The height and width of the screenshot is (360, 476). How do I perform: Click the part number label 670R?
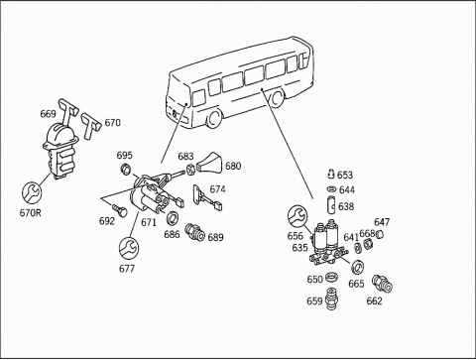30,212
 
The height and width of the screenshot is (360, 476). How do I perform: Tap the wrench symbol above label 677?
129,248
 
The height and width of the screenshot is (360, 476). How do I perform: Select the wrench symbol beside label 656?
297,215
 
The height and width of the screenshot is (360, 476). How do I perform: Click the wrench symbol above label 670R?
32,192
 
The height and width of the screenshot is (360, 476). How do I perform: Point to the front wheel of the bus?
213,118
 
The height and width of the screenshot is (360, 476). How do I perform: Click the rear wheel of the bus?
277,97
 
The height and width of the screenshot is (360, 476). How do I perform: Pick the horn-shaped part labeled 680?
209,163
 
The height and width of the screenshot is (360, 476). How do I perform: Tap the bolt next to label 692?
120,210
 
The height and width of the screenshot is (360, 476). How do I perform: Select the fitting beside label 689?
195,232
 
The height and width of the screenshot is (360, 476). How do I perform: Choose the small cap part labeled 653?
331,174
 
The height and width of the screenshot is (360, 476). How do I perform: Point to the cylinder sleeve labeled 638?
331,204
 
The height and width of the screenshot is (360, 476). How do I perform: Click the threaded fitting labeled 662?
383,284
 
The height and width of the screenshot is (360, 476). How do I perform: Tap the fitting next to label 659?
331,299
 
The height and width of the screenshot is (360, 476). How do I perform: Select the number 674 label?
217,189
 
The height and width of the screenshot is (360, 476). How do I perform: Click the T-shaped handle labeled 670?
90,126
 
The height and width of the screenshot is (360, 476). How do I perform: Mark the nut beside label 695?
125,169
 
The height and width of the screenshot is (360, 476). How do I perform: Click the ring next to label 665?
357,268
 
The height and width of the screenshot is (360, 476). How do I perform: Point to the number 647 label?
382,222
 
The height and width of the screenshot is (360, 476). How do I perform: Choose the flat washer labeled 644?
331,189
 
